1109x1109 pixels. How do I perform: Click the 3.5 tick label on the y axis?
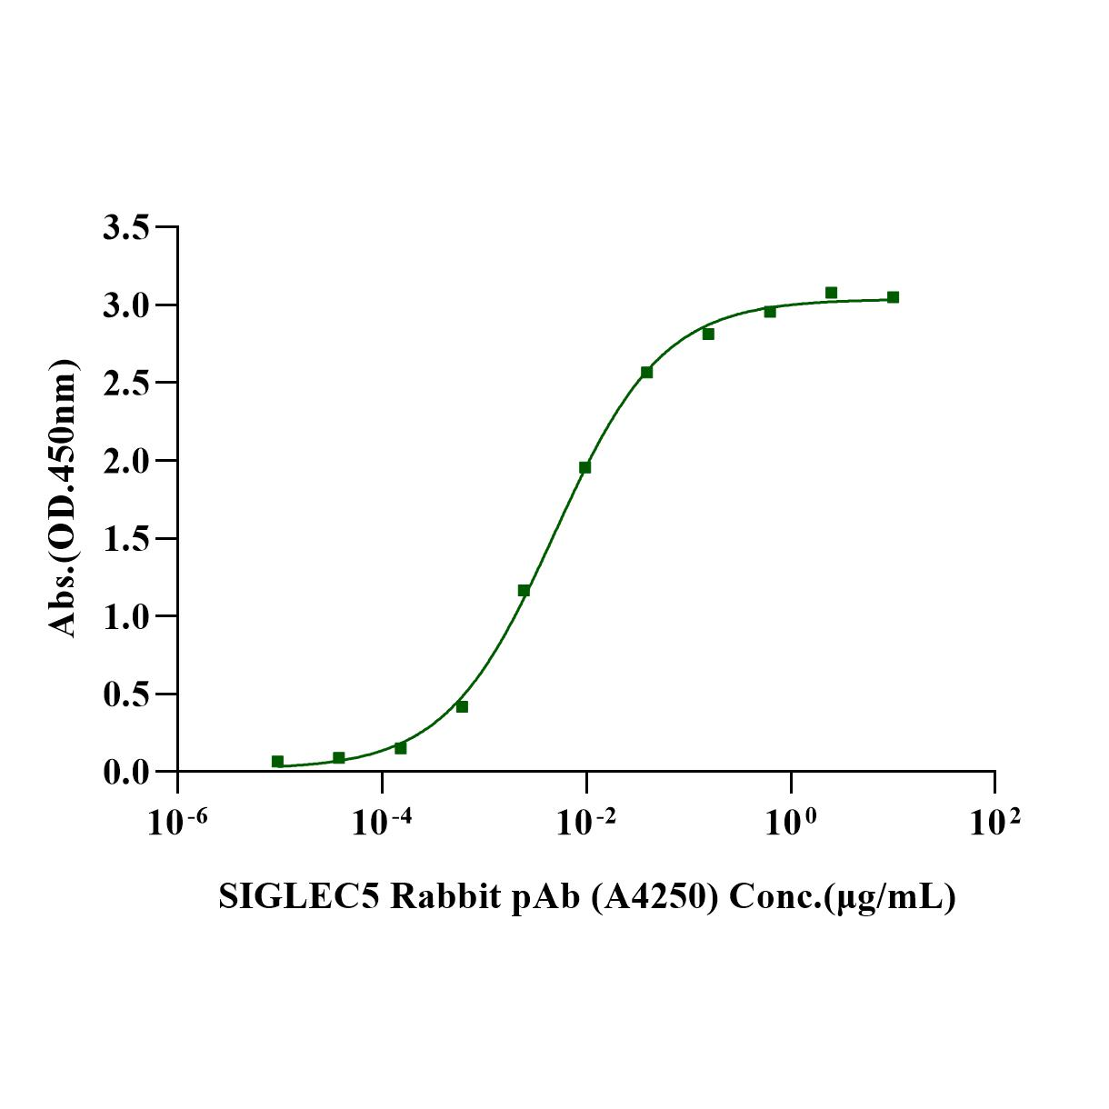pos(126,227)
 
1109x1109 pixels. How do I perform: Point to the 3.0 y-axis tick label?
pos(126,305)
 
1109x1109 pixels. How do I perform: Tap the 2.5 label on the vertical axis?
pos(126,383)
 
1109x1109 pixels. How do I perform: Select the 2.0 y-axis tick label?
pos(126,461)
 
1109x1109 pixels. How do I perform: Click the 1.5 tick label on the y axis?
pos(126,539)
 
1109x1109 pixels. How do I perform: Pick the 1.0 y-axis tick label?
pos(126,616)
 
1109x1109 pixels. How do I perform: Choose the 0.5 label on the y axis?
pos(126,694)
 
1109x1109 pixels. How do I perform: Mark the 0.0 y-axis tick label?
pos(126,773)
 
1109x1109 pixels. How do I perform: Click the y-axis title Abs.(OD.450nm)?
pos(63,498)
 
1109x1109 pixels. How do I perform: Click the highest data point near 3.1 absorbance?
pos(831,293)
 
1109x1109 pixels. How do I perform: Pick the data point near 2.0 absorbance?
pos(584,467)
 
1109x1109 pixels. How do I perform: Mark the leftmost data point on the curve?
pos(277,761)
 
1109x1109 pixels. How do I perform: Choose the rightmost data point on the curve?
pos(893,297)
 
